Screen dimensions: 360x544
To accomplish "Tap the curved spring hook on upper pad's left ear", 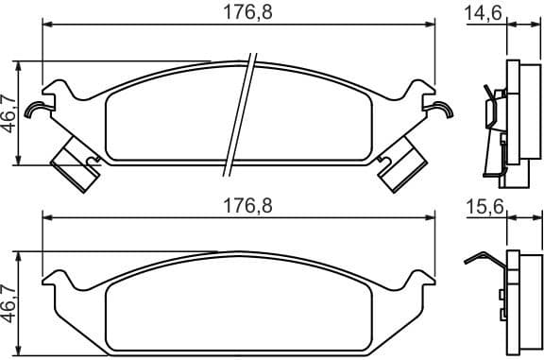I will point(37,110).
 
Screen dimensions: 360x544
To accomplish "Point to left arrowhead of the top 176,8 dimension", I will point(47,27).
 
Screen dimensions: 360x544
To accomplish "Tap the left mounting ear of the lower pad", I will point(59,281).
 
